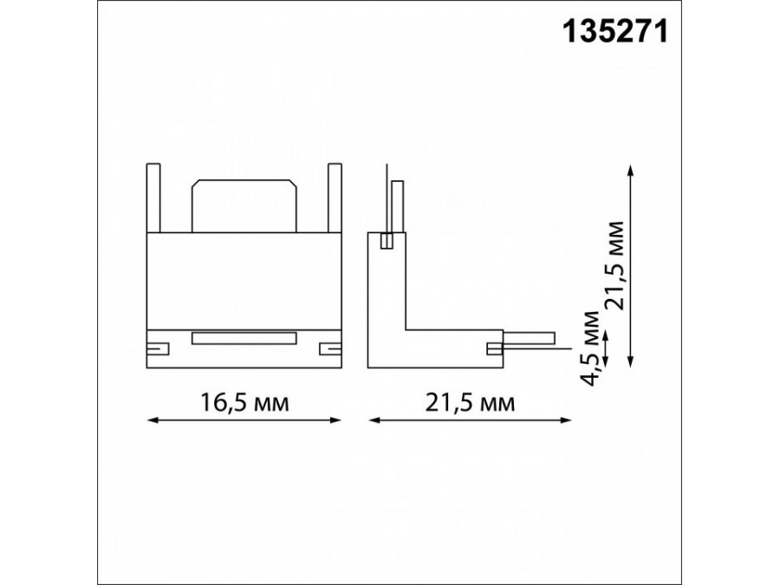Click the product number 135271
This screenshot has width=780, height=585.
pos(614,32)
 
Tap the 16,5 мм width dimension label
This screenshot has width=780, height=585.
pos(244,402)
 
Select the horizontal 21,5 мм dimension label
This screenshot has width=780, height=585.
pos(470,402)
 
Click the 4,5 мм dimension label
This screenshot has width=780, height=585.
pos(593,348)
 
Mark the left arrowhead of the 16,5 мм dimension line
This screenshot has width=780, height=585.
pos(153,420)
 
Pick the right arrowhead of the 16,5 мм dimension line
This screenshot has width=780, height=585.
pos(336,420)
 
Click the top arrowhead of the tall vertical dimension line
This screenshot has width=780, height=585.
pos(631,169)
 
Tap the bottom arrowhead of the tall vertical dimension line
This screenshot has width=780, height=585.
pos(631,362)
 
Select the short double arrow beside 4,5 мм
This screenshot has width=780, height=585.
pos(606,350)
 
